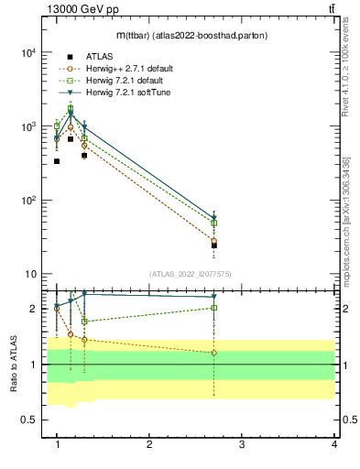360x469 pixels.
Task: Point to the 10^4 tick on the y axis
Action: click(x=27, y=53)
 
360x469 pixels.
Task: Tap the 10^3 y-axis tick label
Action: click(x=27, y=126)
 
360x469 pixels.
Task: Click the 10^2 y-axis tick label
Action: click(x=27, y=201)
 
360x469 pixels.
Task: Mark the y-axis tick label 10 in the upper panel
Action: click(x=29, y=274)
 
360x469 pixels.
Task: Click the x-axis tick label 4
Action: click(x=333, y=444)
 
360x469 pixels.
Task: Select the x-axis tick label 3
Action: click(x=241, y=444)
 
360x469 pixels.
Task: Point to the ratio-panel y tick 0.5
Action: click(x=30, y=420)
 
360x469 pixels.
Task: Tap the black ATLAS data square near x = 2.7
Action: click(x=213, y=245)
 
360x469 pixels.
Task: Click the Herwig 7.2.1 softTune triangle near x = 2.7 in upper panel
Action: click(x=213, y=218)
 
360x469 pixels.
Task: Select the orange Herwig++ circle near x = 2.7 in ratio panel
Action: click(x=213, y=353)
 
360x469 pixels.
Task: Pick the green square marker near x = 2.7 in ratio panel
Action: click(x=213, y=308)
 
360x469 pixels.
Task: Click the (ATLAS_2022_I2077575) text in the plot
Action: click(x=190, y=273)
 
